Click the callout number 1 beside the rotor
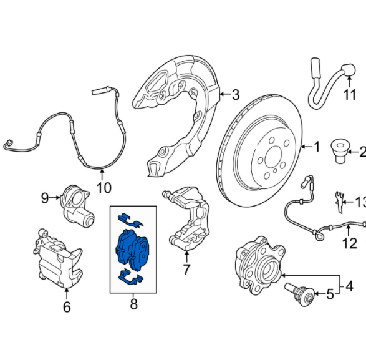(x=316, y=147)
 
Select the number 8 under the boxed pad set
(x=133, y=305)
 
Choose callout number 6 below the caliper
(x=67, y=306)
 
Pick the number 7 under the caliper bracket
(x=185, y=270)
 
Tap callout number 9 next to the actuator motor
(x=45, y=198)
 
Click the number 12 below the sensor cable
(x=350, y=243)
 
